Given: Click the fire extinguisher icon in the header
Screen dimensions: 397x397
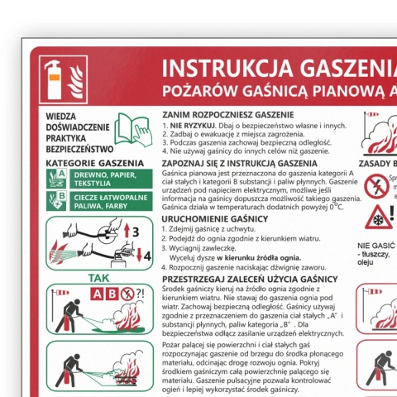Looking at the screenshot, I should (x=55, y=79).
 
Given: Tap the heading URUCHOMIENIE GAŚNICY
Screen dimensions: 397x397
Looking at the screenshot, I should (x=215, y=218).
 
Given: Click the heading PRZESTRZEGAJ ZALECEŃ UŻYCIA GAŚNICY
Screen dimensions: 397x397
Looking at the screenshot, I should (x=249, y=280).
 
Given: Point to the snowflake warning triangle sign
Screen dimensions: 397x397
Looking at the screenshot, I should (x=379, y=218).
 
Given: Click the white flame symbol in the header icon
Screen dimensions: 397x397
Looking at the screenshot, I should (x=76, y=80).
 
